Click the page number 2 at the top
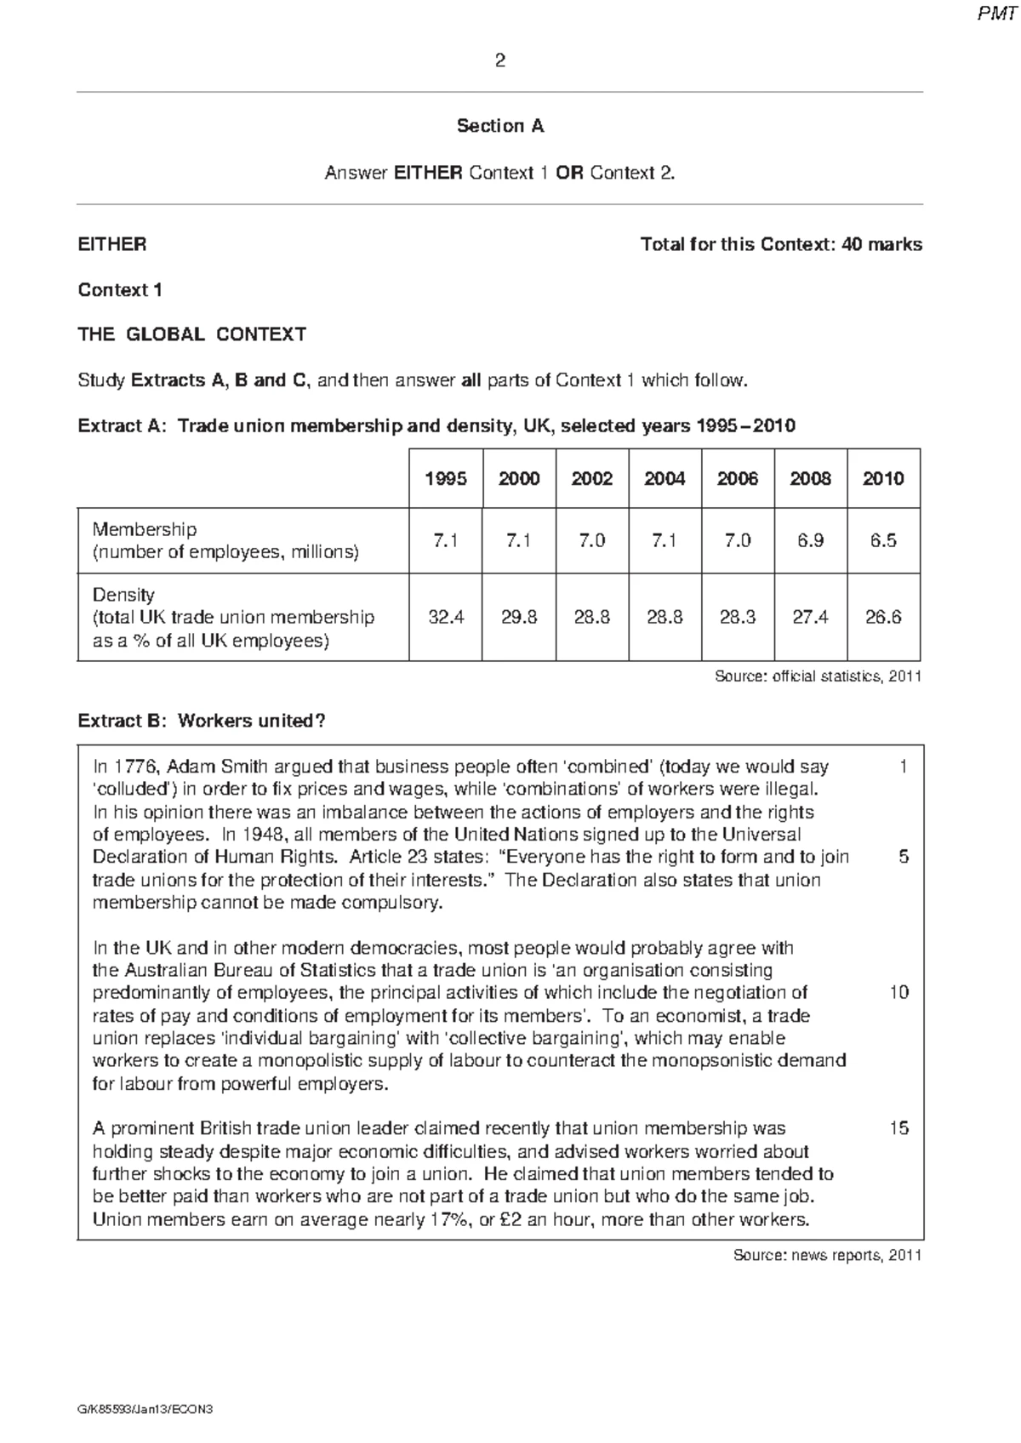(499, 60)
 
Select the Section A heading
(499, 126)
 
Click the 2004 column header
(665, 478)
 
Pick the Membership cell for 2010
(883, 540)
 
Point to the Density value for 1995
(446, 617)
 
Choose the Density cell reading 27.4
(810, 617)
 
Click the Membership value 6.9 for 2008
(810, 540)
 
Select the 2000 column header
(519, 478)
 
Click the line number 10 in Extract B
(898, 992)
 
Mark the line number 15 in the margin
(898, 1128)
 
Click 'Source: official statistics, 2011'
(817, 676)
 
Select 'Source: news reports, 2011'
(827, 1255)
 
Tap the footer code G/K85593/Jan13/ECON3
(144, 1409)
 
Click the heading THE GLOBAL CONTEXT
(191, 334)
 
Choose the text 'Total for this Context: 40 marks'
(780, 245)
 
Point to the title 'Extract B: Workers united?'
(202, 721)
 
